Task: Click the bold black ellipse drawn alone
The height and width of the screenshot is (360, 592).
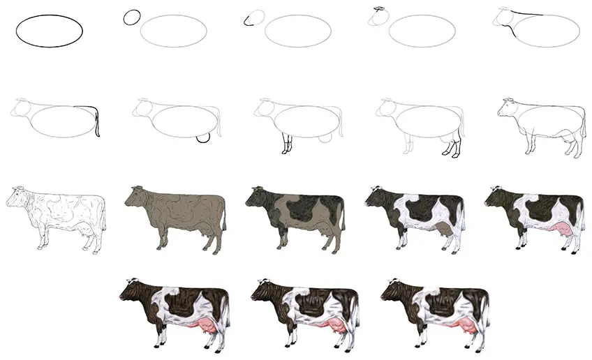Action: (x=50, y=31)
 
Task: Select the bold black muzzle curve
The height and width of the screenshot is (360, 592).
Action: (x=246, y=21)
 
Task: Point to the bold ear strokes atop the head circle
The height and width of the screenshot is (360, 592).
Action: (x=380, y=9)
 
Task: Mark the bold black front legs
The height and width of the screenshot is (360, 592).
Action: (x=286, y=145)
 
